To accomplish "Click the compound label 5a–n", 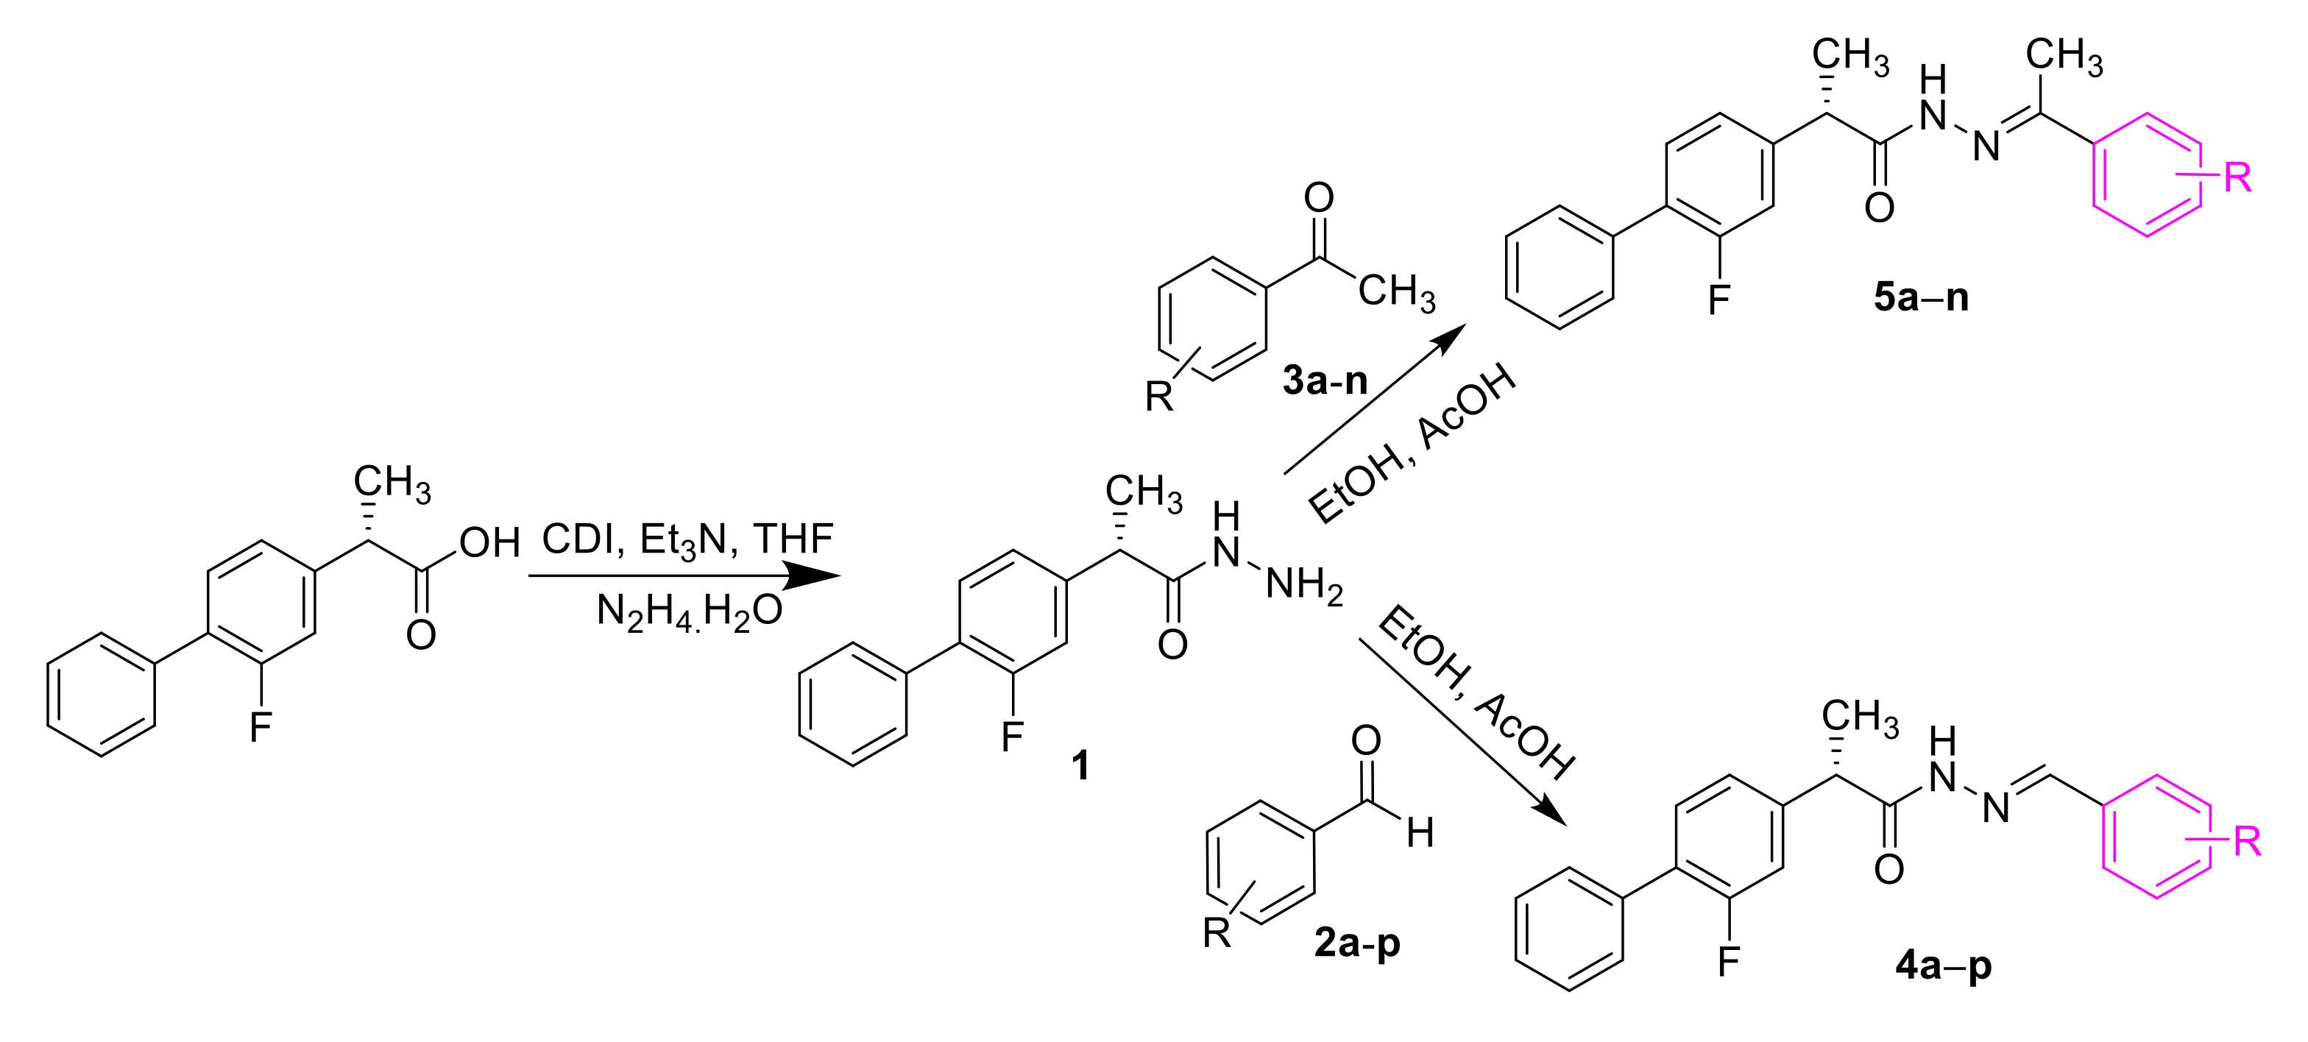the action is [1920, 297].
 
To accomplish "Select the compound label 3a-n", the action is [1324, 380].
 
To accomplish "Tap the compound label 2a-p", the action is [1356, 943].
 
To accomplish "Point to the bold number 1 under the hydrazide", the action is [1080, 766].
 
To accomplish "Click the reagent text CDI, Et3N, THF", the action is [687, 540].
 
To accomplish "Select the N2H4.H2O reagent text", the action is [689, 612].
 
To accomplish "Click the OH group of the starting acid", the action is [489, 543].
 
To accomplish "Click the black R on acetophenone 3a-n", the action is [1158, 395].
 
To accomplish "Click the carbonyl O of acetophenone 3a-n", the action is [1319, 198].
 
